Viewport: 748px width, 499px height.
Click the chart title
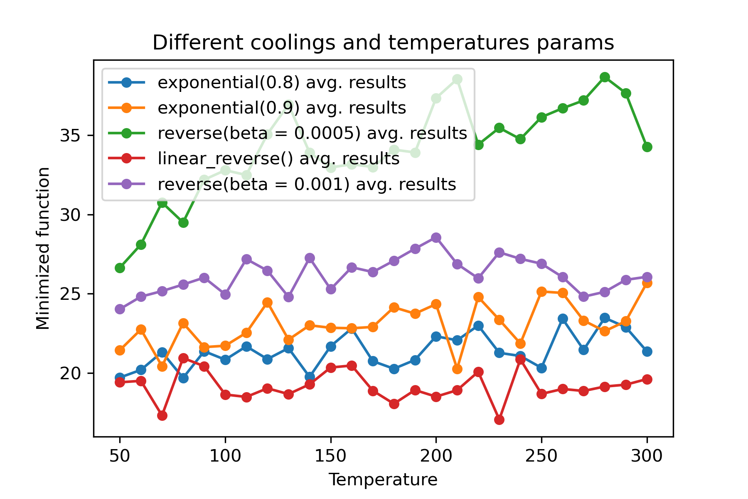(383, 43)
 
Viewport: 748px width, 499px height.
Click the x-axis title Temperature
(383, 480)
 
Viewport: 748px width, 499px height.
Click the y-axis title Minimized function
(43, 248)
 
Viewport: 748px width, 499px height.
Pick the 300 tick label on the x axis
(647, 456)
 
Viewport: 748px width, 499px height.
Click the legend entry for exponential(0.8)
(281, 83)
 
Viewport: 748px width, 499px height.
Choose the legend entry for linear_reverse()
(278, 158)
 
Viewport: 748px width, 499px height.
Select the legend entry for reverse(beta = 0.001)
(307, 184)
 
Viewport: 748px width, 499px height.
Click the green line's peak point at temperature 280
(605, 77)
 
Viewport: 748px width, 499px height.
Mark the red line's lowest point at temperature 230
(499, 420)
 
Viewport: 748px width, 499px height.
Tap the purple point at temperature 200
(436, 238)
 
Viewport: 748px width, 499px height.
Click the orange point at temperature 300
(647, 283)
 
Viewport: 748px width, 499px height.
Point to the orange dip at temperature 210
(457, 369)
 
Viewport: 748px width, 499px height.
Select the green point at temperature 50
(120, 268)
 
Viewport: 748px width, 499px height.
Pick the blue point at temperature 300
(647, 351)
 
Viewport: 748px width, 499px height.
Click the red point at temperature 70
(162, 415)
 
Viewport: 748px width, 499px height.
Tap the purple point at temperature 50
(120, 309)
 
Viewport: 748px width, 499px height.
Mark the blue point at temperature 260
(563, 319)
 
